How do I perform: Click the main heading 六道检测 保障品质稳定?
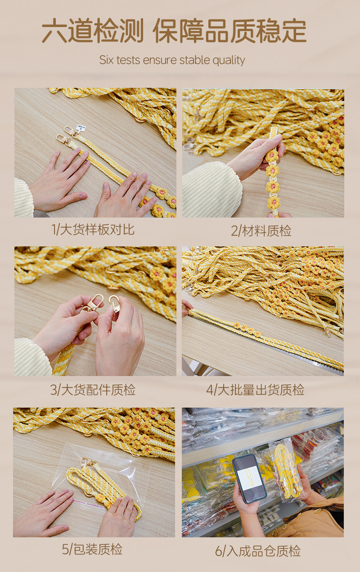point(174,30)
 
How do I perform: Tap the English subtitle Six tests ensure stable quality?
point(172,60)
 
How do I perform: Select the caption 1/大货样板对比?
point(93,229)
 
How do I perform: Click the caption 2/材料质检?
point(261,231)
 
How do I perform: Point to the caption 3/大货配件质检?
point(93,390)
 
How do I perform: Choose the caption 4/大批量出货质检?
point(256,390)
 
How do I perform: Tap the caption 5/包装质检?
point(92,549)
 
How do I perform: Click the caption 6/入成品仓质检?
point(258,551)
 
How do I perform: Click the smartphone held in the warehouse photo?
point(249,479)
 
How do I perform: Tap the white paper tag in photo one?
point(80,127)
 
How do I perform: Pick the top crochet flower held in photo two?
point(271,155)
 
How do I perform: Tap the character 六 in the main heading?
point(54,31)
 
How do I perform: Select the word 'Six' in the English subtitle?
point(107,60)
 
